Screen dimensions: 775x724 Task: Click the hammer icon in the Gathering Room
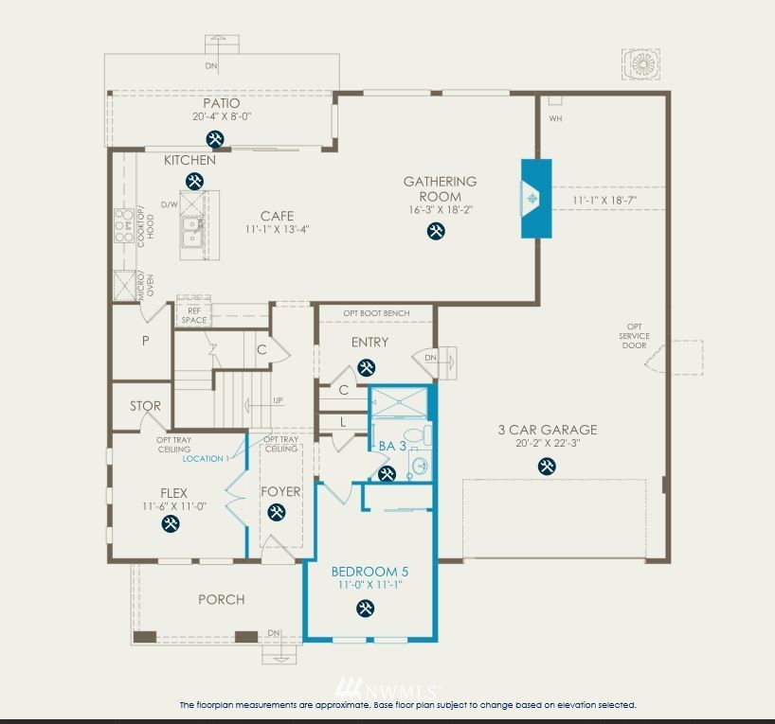[436, 231]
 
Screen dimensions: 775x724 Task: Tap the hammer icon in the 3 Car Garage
[547, 467]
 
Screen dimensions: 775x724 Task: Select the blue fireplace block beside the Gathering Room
[536, 199]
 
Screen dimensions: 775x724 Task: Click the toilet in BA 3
[418, 435]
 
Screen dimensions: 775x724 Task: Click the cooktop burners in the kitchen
[124, 225]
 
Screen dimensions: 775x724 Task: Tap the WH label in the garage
[555, 118]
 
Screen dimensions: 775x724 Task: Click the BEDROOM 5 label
[369, 572]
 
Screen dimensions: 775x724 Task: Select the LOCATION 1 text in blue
[207, 458]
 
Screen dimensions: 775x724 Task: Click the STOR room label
[145, 406]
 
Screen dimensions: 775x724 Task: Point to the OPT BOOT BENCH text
[377, 313]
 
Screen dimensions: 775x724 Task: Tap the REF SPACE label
[194, 315]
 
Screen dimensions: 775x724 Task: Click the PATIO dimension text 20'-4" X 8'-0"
[222, 116]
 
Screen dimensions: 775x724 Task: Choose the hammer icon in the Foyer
[277, 512]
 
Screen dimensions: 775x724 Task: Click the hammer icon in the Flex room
[171, 523]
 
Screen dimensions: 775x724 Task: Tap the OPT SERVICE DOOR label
[634, 336]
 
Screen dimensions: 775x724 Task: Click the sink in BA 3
[421, 466]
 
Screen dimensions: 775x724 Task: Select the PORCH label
[222, 599]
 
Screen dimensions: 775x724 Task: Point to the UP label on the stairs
[279, 400]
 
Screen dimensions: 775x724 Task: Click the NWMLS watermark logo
[386, 687]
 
